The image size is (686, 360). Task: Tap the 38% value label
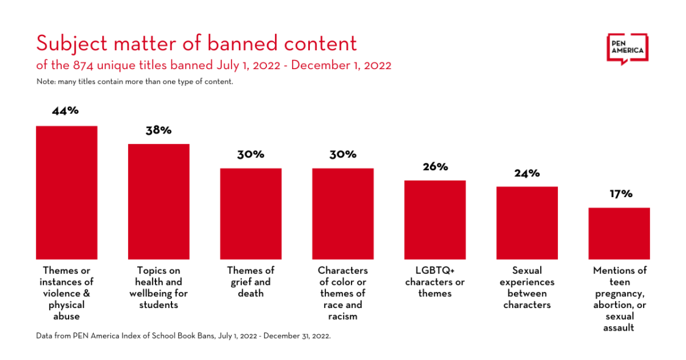click(159, 130)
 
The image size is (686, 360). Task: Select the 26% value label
click(435, 167)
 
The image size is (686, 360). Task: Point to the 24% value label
click(527, 173)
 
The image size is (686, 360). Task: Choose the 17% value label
click(619, 194)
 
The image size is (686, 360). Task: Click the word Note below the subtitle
click(45, 81)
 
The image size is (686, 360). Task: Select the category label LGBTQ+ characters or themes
click(435, 282)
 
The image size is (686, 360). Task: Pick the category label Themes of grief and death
click(251, 282)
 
